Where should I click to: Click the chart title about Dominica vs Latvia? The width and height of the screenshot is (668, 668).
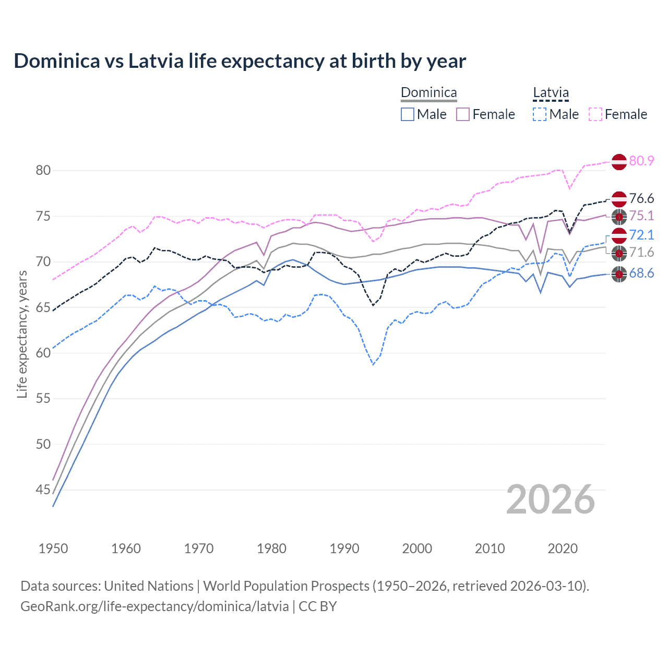tap(240, 61)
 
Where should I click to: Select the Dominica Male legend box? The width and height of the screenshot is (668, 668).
tap(408, 114)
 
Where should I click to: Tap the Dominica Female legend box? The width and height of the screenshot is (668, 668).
tap(463, 114)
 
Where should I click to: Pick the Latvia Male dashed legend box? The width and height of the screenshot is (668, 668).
tap(540, 114)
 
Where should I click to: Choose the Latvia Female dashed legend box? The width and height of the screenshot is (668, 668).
tap(595, 114)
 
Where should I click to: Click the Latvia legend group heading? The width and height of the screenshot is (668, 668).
tap(551, 93)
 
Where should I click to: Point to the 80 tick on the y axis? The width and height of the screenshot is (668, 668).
tap(43, 171)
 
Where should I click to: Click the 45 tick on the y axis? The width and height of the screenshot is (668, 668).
tap(43, 490)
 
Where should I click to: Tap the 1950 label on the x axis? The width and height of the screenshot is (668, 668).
tap(53, 548)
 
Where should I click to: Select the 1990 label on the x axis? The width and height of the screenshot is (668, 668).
tap(344, 548)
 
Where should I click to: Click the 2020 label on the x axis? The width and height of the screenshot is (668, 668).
tap(563, 548)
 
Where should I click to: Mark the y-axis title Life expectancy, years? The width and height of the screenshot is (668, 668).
tap(22, 334)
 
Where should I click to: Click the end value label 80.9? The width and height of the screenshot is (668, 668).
tap(641, 161)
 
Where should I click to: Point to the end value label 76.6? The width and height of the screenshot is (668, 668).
tap(641, 198)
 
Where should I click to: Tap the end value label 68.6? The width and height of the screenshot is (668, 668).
tap(641, 273)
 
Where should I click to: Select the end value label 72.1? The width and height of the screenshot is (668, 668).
tap(641, 235)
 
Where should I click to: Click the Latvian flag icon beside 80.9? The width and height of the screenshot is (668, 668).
tap(619, 162)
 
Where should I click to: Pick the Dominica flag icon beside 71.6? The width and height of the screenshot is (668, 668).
tap(619, 254)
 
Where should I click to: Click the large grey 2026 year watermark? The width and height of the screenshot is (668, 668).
tap(551, 499)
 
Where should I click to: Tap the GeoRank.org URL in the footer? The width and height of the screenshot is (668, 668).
tap(154, 606)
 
